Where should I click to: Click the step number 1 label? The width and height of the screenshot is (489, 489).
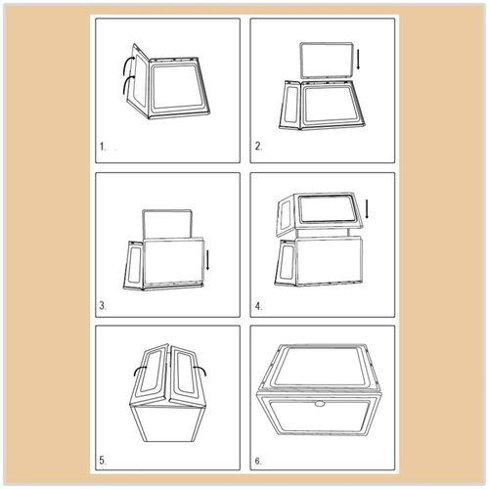coord(103,147)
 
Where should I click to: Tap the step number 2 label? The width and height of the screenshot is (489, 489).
coord(258,147)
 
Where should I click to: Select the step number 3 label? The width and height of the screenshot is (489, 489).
coord(103,306)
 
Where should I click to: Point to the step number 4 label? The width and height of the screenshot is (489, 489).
coord(258,306)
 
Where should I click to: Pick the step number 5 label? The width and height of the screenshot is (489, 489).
coord(103,461)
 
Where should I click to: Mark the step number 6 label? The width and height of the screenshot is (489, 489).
coord(258,461)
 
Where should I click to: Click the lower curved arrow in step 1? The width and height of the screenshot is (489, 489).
coord(127,85)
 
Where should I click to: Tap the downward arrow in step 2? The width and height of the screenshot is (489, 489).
coord(358,59)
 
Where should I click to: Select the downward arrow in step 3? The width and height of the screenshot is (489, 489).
coord(207,259)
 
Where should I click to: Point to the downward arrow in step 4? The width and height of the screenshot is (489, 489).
coord(367,209)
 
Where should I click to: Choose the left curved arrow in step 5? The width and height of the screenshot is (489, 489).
coord(140,370)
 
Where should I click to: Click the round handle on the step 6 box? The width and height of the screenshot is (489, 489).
coord(319,404)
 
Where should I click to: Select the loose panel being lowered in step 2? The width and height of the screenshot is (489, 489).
coord(327,61)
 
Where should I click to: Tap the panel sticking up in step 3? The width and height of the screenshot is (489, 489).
coord(166,224)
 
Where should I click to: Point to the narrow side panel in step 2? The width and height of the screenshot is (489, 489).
coord(291,105)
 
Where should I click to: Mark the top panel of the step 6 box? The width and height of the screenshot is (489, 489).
coord(321,366)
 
